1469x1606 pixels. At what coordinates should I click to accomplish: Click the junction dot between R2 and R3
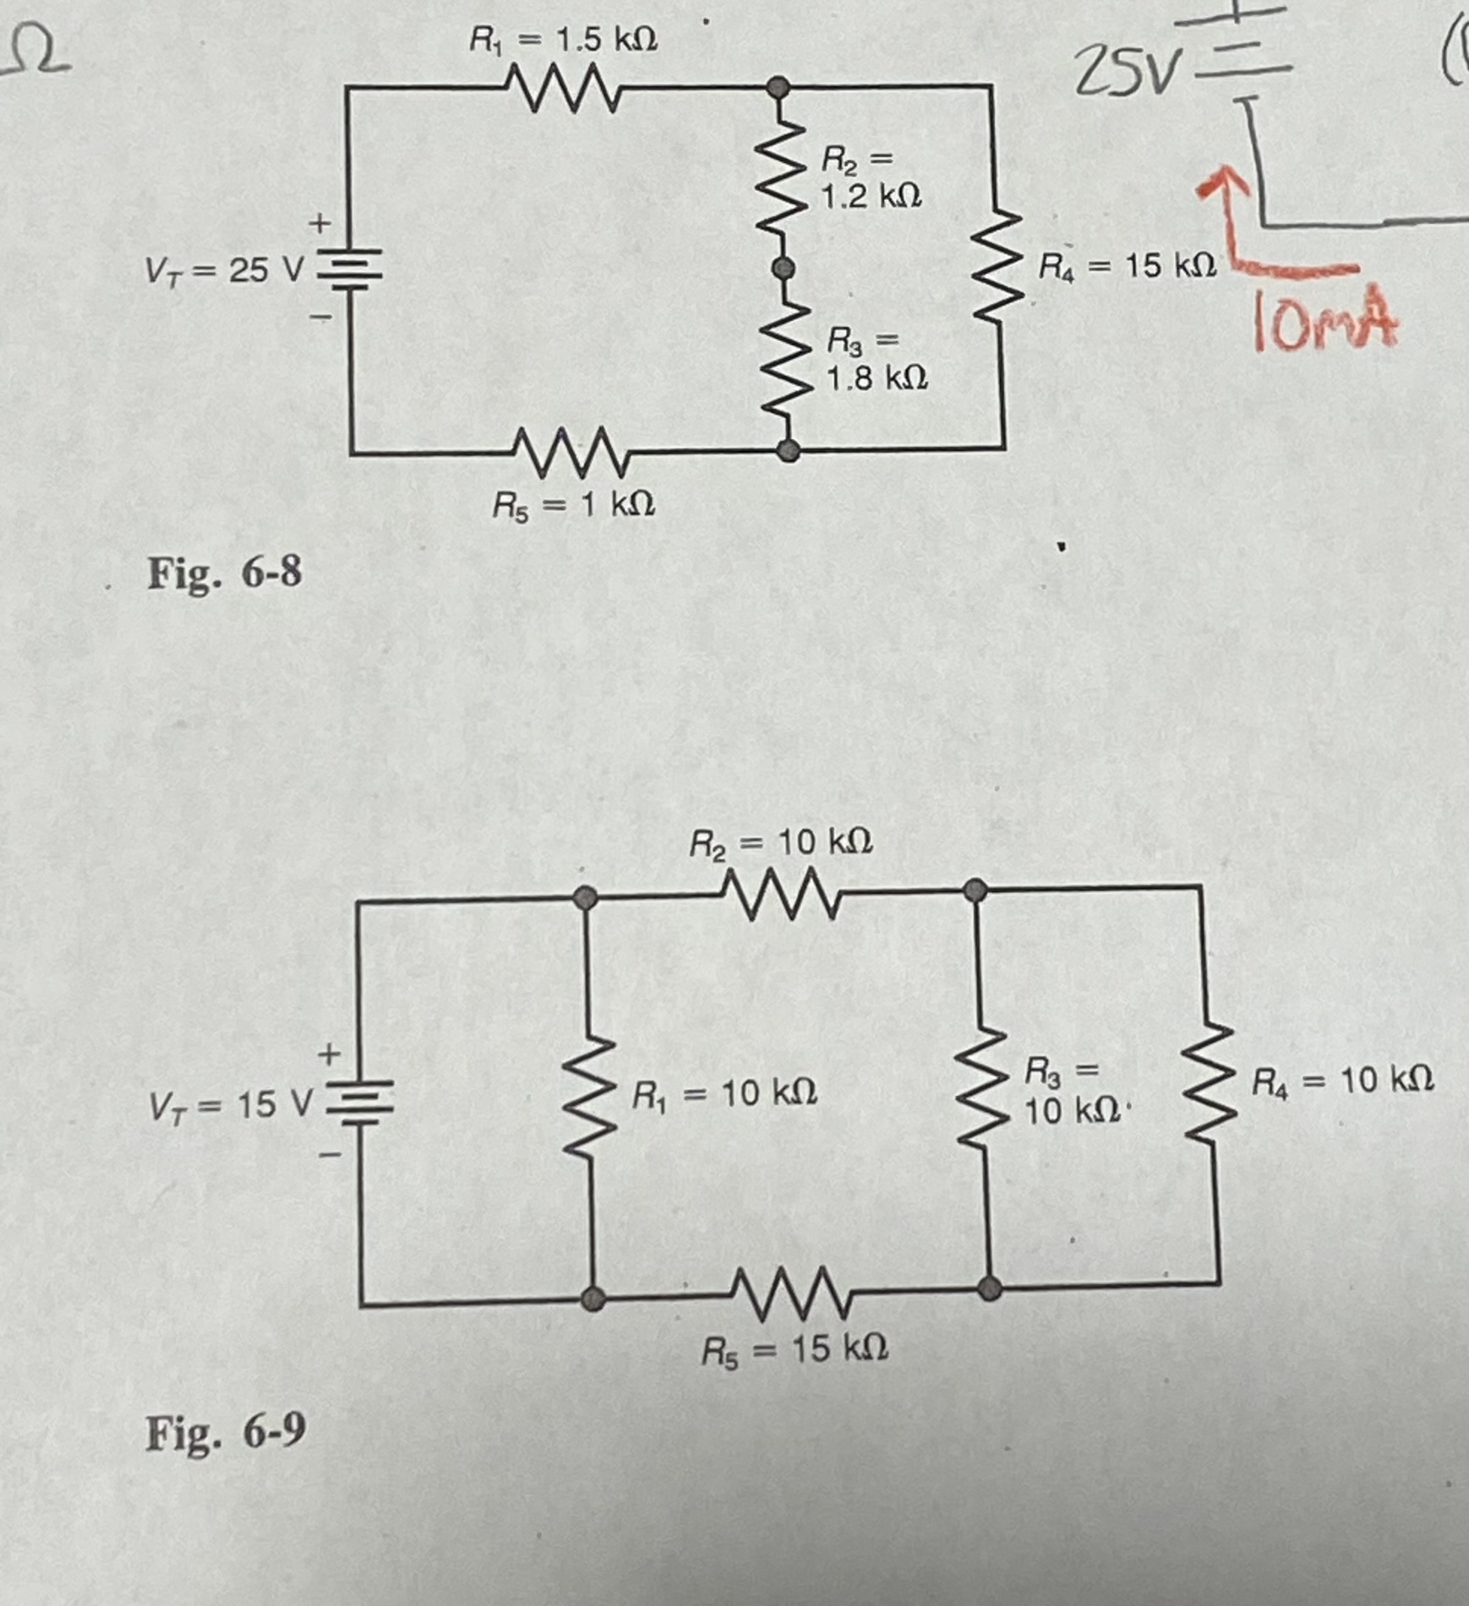pyautogui.click(x=784, y=269)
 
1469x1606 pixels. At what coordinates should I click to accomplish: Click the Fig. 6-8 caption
pyautogui.click(x=224, y=574)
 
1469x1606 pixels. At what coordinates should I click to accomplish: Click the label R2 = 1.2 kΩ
pyautogui.click(x=871, y=177)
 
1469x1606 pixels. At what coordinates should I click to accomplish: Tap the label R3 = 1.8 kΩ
pyautogui.click(x=876, y=359)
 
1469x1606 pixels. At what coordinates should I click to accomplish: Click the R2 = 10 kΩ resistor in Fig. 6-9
pyautogui.click(x=782, y=894)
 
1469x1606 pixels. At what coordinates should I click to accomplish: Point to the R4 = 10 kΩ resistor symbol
pyautogui.click(x=1210, y=1083)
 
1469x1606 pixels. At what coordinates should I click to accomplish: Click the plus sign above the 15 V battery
pyautogui.click(x=329, y=1053)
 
